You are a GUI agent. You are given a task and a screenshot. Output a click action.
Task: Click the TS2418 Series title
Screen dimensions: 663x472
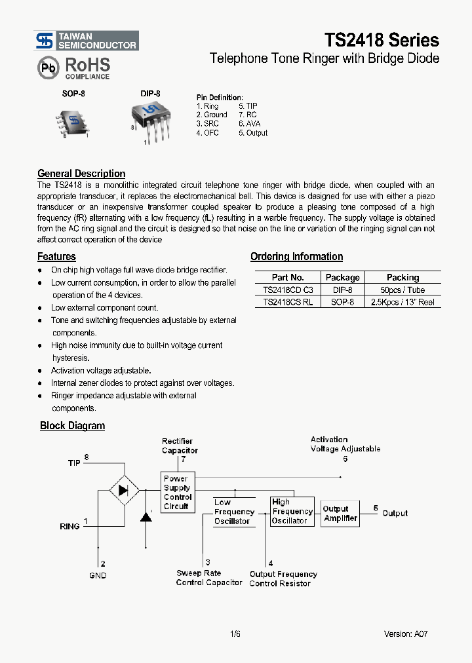[x=381, y=40]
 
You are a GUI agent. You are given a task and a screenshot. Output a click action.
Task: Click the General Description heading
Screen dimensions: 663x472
[x=81, y=174]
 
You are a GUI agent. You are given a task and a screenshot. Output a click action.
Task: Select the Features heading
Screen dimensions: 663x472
[x=56, y=257]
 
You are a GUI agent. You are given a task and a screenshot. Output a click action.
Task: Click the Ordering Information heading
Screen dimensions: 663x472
[x=296, y=257]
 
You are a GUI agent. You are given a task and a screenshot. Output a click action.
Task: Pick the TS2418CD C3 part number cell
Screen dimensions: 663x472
[x=288, y=290]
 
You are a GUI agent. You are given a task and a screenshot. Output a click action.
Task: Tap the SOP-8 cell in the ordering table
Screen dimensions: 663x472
[x=342, y=302]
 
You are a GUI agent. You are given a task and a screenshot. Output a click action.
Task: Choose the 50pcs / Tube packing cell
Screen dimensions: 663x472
[x=403, y=290]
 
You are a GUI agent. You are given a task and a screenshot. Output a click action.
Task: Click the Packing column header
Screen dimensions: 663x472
[x=403, y=277]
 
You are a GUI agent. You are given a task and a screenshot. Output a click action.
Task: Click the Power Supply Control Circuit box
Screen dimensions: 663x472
[x=177, y=492]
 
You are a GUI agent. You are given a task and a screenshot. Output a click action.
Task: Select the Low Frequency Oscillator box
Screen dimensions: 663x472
[x=233, y=512]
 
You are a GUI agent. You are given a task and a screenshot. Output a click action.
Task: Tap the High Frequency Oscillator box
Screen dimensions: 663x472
[x=292, y=511]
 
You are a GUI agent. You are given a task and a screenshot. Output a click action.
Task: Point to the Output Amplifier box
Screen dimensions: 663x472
[x=340, y=513]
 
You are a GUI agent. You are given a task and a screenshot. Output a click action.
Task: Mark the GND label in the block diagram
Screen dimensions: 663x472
[x=98, y=575]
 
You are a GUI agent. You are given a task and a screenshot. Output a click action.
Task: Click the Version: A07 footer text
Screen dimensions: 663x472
[x=406, y=634]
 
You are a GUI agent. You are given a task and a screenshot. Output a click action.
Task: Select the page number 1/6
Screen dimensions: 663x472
[x=235, y=634]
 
